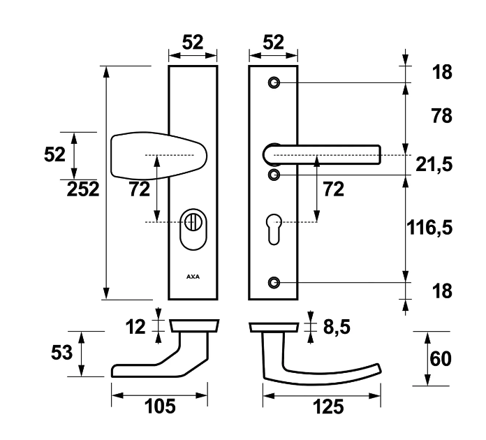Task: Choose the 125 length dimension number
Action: coord(323,407)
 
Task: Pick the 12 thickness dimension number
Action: coord(136,325)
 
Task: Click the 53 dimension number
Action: coord(61,353)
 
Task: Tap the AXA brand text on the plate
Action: coord(193,276)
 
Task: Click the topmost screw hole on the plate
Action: coord(274,82)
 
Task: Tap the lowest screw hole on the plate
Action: coord(274,282)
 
